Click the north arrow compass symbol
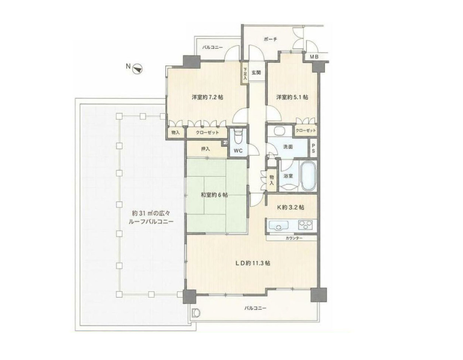[x=138, y=69]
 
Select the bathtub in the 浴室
[x=308, y=176]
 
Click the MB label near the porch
[x=314, y=57]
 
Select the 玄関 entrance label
[x=256, y=72]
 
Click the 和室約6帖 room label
[x=214, y=195]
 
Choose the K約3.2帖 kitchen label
[x=290, y=207]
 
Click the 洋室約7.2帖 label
[x=208, y=97]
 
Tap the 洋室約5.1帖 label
[x=292, y=97]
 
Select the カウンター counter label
[x=294, y=238]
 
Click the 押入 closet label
[x=205, y=149]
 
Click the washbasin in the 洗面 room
[x=279, y=131]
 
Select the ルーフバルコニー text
[x=150, y=222]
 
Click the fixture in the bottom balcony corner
[x=196, y=312]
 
